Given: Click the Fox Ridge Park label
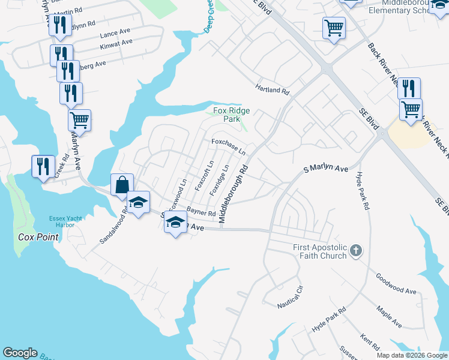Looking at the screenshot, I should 232,115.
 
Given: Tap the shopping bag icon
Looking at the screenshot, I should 121,185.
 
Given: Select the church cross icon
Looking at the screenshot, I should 356,251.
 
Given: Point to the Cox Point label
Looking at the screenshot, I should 38,237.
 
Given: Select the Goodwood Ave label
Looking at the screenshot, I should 396,283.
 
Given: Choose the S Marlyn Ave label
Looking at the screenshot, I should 325,170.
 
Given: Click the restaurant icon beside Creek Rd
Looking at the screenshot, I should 42,166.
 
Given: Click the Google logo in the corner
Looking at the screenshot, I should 20,353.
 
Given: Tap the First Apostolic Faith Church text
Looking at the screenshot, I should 319,251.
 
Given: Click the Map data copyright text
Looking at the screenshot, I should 411,355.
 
